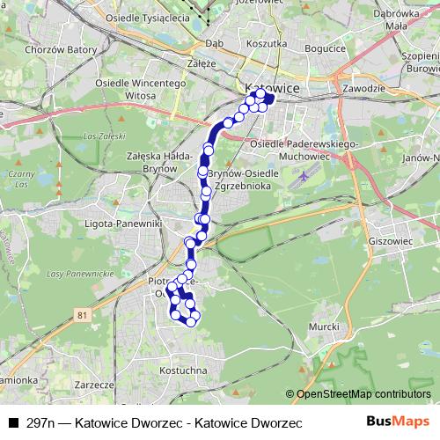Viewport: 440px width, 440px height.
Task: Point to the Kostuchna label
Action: coord(184,372)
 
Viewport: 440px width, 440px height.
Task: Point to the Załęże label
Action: coord(202,64)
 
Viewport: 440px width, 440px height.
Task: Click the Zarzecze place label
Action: coord(97,385)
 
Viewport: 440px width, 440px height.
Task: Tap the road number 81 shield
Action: coord(83,315)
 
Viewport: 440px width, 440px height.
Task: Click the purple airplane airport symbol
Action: coord(304,175)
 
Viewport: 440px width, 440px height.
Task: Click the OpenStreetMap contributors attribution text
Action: coord(364,394)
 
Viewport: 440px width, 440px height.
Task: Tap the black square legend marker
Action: coord(12,423)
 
